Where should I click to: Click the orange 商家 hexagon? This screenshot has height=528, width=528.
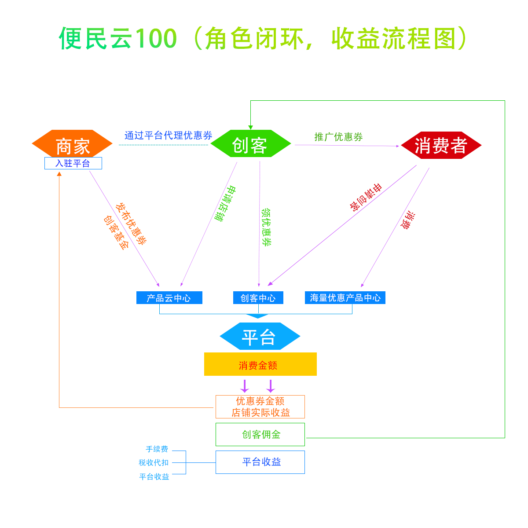(x=73, y=144)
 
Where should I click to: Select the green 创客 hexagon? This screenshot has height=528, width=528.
(x=250, y=144)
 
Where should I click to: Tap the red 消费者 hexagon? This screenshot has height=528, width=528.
(x=441, y=145)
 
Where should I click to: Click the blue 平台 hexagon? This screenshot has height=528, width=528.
(x=260, y=337)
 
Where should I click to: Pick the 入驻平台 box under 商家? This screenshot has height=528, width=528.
(x=73, y=163)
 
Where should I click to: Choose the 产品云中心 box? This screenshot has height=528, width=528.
(x=169, y=298)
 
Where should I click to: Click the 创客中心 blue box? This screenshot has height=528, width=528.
(x=258, y=298)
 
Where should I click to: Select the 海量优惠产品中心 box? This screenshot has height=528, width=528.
(x=345, y=298)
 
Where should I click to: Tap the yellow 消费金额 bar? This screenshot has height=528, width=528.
(x=260, y=364)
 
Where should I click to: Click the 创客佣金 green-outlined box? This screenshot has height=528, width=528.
(x=260, y=434)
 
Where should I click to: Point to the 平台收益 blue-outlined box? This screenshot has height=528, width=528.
(x=260, y=462)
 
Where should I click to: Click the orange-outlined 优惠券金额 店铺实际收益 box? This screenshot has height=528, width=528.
(x=260, y=407)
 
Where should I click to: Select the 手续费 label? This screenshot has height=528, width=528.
(x=157, y=449)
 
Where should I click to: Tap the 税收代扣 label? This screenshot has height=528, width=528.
(x=154, y=463)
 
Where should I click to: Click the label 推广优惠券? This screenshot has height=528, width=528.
(x=338, y=137)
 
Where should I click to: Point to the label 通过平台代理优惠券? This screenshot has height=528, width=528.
(x=168, y=136)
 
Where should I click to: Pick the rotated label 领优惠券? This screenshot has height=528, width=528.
(x=266, y=227)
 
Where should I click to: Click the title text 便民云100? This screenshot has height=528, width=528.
(x=118, y=39)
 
